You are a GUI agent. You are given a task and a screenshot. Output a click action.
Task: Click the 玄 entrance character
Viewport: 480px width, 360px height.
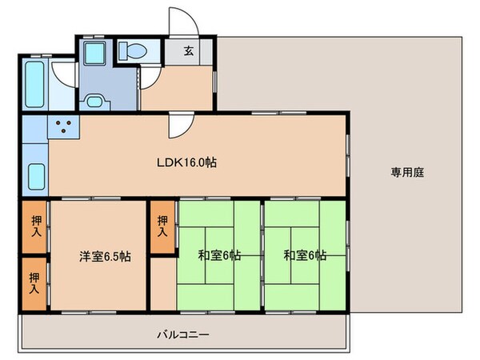189,50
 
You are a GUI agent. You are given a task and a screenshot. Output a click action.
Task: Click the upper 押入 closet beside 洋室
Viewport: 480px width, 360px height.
34,227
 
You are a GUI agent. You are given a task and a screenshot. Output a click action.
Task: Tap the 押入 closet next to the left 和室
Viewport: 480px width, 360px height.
162,226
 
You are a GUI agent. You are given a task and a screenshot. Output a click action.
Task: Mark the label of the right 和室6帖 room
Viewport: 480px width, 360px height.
305,257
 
